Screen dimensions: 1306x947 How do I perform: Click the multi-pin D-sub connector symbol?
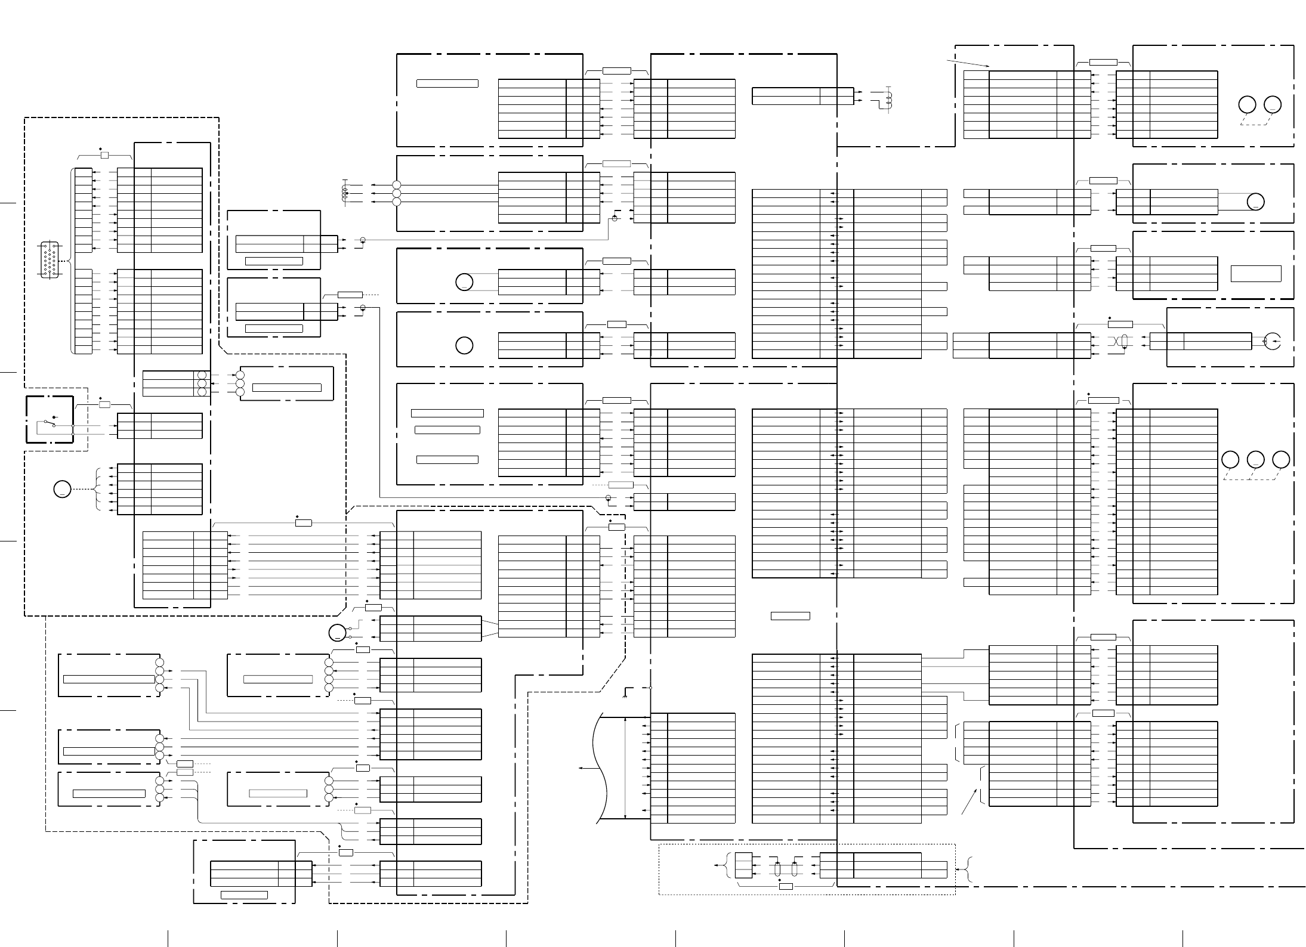pyautogui.click(x=49, y=259)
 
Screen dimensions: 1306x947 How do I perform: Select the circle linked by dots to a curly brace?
pyautogui.click(x=62, y=490)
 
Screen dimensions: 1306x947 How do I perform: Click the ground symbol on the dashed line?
pyautogui.click(x=625, y=694)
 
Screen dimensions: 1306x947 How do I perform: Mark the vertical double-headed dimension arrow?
pyautogui.click(x=625, y=768)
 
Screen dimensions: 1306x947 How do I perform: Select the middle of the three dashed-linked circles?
pyautogui.click(x=1255, y=460)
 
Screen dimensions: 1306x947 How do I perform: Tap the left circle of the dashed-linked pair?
pyautogui.click(x=1246, y=104)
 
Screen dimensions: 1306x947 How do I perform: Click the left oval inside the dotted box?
pyautogui.click(x=777, y=869)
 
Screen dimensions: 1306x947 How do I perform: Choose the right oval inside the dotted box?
pyautogui.click(x=794, y=869)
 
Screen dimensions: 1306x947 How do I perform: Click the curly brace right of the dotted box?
pyautogui.click(x=970, y=869)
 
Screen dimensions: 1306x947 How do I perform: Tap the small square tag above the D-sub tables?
pyautogui.click(x=104, y=155)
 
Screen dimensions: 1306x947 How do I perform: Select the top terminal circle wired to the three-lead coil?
pyautogui.click(x=397, y=185)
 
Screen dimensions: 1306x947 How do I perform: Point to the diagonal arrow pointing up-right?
pyautogui.click(x=970, y=801)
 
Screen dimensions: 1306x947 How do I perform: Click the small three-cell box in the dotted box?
pyautogui.click(x=743, y=865)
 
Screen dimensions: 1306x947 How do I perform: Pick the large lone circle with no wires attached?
pyautogui.click(x=464, y=345)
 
